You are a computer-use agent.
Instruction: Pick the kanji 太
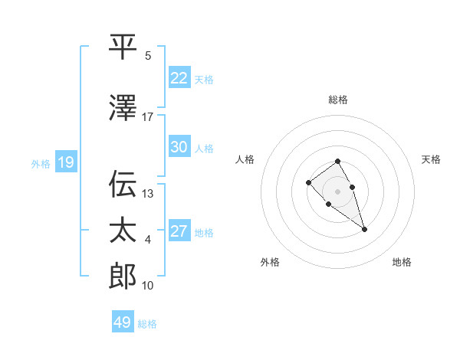pyautogui.click(x=123, y=230)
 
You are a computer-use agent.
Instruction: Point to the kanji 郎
pyautogui.click(x=123, y=276)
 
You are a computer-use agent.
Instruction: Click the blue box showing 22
pyautogui.click(x=179, y=77)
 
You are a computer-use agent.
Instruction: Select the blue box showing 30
pyautogui.click(x=179, y=147)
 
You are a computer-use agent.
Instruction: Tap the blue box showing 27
pyautogui.click(x=179, y=231)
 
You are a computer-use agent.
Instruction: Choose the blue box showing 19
pyautogui.click(x=65, y=162)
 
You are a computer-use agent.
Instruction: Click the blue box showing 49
pyautogui.click(x=123, y=322)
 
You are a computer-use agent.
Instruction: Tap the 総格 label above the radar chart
pyautogui.click(x=338, y=100)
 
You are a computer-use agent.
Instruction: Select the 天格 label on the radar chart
pyautogui.click(x=431, y=159)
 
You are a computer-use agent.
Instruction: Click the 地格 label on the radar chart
pyautogui.click(x=402, y=262)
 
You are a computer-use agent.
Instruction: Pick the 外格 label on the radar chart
pyautogui.click(x=270, y=262)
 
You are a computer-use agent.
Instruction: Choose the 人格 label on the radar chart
pyautogui.click(x=245, y=159)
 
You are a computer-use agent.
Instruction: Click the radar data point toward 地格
pyautogui.click(x=364, y=229)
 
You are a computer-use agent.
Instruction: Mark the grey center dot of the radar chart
pyautogui.click(x=337, y=191)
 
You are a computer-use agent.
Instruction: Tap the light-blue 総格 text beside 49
pyautogui.click(x=147, y=324)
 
